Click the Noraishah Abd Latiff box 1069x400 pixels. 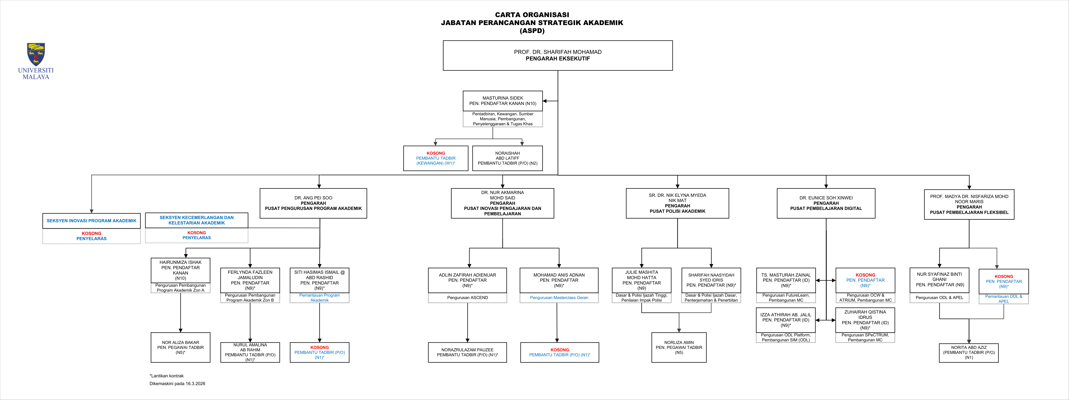(507, 158)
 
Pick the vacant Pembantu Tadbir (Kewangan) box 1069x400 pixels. (436, 158)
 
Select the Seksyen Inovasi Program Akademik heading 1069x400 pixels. (91, 220)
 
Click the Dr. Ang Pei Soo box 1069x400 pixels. (313, 203)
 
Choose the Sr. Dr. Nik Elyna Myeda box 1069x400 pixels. (677, 203)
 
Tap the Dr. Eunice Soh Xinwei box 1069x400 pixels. (826, 203)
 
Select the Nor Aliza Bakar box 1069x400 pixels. (181, 347)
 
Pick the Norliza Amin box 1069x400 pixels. (679, 347)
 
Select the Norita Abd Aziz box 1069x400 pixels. (969, 352)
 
